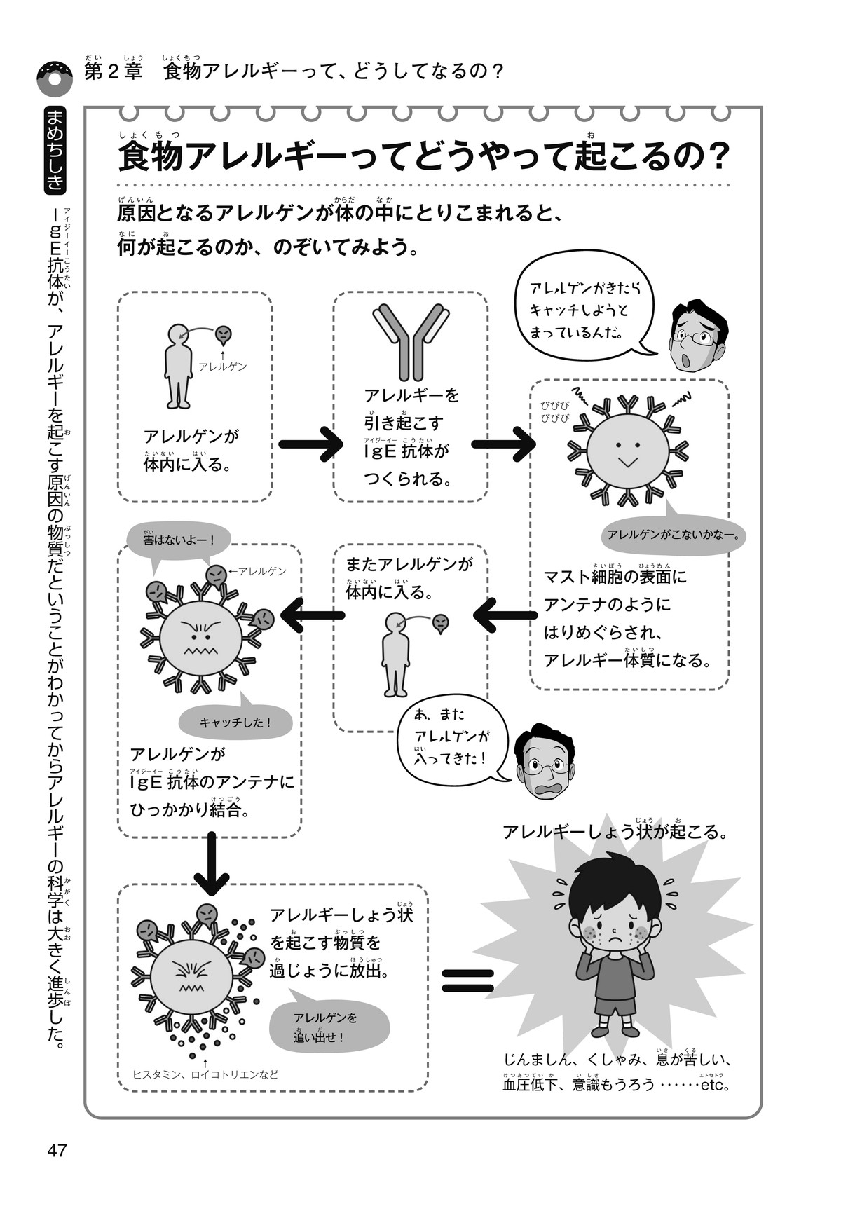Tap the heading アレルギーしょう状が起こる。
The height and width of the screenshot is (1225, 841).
click(615, 832)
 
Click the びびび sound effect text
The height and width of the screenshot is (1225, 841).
click(554, 411)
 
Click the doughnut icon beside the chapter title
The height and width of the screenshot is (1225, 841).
click(54, 78)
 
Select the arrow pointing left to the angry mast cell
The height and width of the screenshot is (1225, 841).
click(313, 616)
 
